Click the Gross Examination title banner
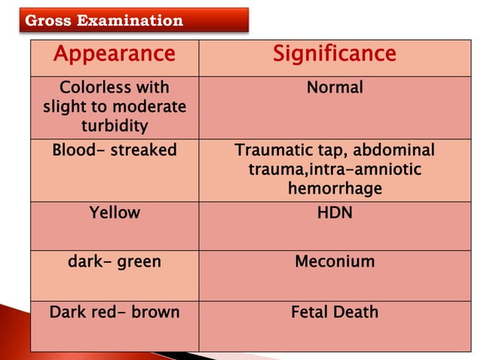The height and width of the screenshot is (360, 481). [133, 20]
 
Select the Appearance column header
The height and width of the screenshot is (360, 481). [115, 54]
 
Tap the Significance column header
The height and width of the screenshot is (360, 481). [334, 54]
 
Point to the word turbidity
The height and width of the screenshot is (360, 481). [115, 125]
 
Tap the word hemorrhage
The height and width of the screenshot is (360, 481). [335, 188]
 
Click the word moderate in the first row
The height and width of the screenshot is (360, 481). [150, 107]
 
